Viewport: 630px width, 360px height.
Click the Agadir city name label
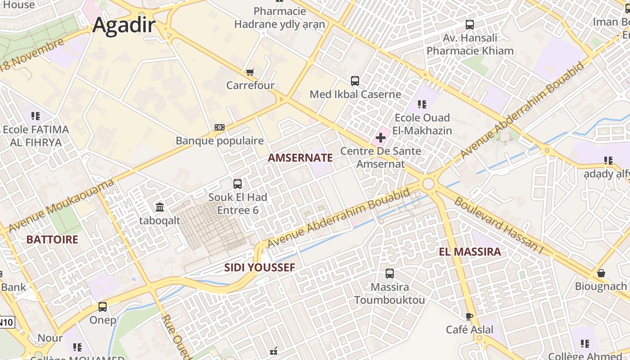(124, 25)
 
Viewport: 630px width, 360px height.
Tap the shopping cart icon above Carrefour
(250, 72)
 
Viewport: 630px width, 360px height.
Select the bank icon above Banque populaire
(220, 127)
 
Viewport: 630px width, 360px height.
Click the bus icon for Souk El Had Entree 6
(238, 184)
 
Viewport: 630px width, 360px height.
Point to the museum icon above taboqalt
(160, 207)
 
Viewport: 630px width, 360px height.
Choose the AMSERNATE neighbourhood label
(300, 158)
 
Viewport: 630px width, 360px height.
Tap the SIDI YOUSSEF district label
(260, 268)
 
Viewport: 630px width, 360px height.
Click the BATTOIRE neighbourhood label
(52, 239)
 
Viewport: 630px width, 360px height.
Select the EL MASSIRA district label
(470, 252)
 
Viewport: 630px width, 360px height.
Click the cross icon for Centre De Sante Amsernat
(381, 138)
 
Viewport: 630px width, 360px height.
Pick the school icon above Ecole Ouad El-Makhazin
(422, 104)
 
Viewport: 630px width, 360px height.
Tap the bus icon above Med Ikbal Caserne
(355, 81)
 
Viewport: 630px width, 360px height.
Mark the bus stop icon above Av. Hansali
(470, 25)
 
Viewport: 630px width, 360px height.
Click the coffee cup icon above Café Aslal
(469, 316)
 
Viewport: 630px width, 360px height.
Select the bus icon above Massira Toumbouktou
(390, 273)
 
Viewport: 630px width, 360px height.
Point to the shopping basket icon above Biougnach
(601, 273)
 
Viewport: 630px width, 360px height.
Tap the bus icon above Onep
(103, 307)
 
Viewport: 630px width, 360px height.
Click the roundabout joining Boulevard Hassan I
(428, 184)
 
